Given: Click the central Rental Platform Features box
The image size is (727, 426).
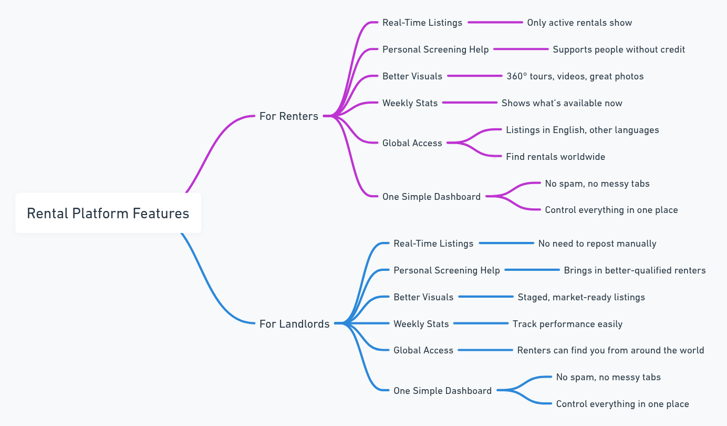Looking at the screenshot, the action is pyautogui.click(x=108, y=213).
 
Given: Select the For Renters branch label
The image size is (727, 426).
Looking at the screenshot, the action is pyautogui.click(x=288, y=116).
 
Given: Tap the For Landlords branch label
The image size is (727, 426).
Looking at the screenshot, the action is pyautogui.click(x=294, y=323).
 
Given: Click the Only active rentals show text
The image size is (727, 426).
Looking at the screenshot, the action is pyautogui.click(x=579, y=23).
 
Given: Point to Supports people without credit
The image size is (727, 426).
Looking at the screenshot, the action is pyautogui.click(x=619, y=49).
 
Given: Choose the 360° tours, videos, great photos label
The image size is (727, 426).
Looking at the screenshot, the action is pyautogui.click(x=575, y=76).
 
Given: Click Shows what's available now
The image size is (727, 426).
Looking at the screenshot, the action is pyautogui.click(x=562, y=103).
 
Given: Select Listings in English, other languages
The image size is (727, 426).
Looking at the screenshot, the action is pyautogui.click(x=582, y=130).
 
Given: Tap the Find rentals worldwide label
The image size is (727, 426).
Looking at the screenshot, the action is pyautogui.click(x=555, y=157).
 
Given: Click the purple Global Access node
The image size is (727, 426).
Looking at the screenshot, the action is pyautogui.click(x=412, y=143).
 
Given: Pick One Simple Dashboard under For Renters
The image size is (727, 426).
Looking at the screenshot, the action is pyautogui.click(x=431, y=197).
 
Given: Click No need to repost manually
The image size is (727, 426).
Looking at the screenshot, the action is pyautogui.click(x=597, y=244).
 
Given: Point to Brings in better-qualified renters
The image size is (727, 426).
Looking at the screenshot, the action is pyautogui.click(x=635, y=270).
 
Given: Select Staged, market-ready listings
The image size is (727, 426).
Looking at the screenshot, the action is pyautogui.click(x=581, y=297).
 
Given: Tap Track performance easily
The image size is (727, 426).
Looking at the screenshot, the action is pyautogui.click(x=567, y=324).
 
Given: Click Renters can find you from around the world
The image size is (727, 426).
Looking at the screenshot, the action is pyautogui.click(x=610, y=350).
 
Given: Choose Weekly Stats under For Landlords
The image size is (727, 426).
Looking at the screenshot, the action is pyautogui.click(x=421, y=324).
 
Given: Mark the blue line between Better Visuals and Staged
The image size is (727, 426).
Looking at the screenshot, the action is pyautogui.click(x=486, y=297).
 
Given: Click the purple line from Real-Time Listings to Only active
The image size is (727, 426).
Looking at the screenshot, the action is pyautogui.click(x=495, y=23).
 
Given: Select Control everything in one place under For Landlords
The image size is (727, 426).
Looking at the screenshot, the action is pyautogui.click(x=622, y=404).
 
